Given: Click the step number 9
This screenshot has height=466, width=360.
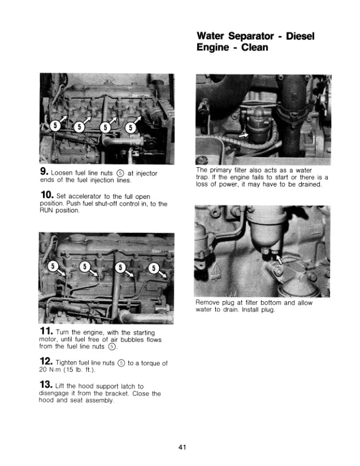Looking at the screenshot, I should [x=42, y=172].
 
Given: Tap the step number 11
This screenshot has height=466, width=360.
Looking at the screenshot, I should [x=46, y=331].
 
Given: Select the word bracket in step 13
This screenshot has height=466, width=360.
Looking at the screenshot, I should [x=133, y=395].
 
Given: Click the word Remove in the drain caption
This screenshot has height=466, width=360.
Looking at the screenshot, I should [x=208, y=302].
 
